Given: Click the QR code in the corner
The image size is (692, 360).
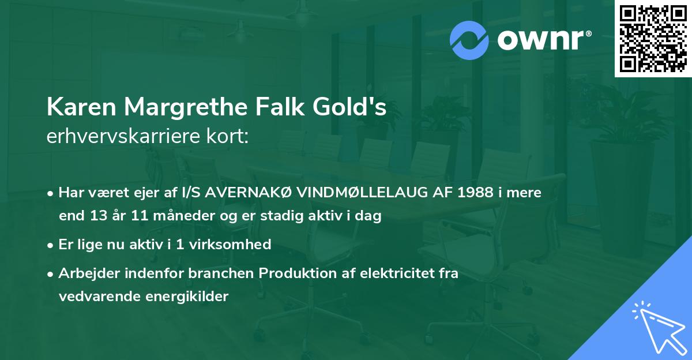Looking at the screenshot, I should pos(653,38).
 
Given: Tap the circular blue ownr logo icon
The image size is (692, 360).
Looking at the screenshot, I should pos(469,40).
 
